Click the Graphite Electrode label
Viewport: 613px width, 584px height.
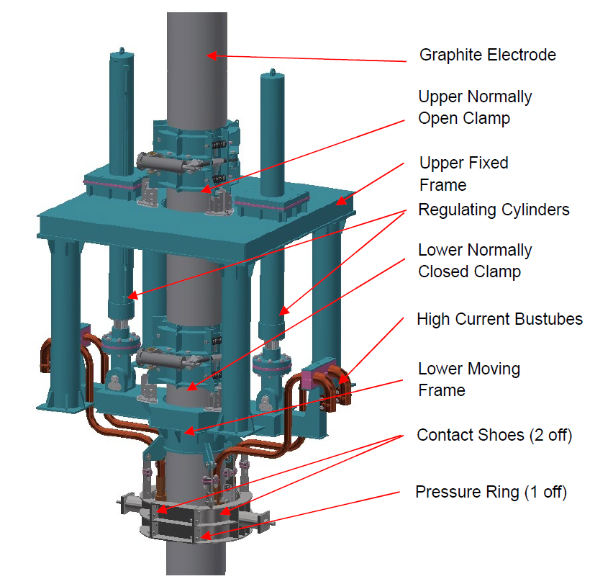click(487, 55)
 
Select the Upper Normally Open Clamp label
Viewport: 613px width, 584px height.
click(475, 107)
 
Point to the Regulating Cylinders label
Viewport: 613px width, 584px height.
click(494, 210)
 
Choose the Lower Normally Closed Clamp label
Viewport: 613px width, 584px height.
click(475, 261)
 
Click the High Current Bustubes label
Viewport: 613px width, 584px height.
click(499, 318)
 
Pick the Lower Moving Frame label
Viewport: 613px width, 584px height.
click(468, 379)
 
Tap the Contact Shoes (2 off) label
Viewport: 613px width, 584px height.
click(494, 436)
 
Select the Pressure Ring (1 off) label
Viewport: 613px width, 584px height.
click(491, 493)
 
